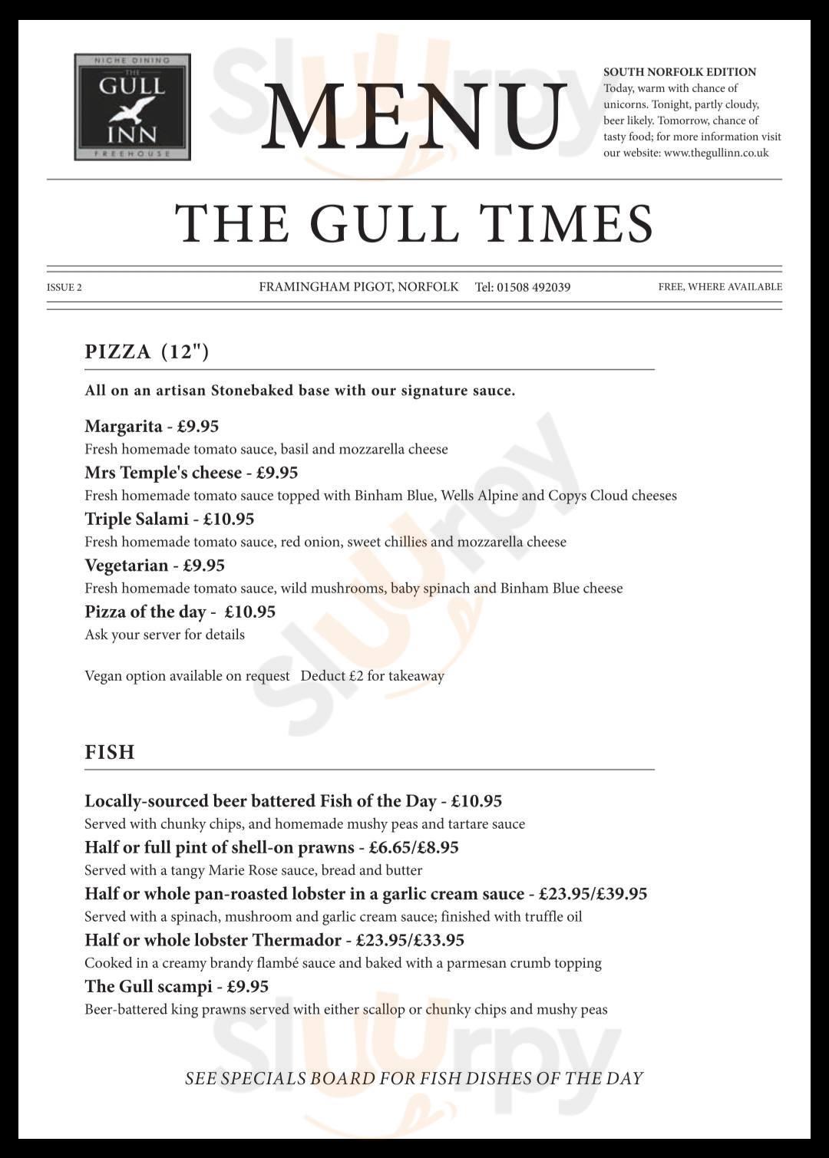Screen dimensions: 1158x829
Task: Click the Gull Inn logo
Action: click(132, 107)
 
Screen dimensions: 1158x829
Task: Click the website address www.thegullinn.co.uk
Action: click(715, 153)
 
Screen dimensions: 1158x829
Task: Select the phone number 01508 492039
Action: click(533, 287)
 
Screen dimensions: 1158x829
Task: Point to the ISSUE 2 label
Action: click(64, 288)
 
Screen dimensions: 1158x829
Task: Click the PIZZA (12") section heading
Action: click(147, 351)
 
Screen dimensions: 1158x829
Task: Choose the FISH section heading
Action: click(110, 752)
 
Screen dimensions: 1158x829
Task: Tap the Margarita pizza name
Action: click(124, 426)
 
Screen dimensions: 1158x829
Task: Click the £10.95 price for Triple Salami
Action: click(228, 519)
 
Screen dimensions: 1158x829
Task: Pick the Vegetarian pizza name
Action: click(126, 566)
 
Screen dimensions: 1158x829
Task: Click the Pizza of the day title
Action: click(145, 612)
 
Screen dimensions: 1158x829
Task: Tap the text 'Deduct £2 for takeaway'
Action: click(372, 676)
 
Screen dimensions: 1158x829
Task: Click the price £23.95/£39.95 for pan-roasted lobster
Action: click(593, 894)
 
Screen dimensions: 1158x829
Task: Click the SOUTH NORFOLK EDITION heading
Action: click(679, 72)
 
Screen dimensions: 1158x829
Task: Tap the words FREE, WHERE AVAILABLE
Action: click(720, 287)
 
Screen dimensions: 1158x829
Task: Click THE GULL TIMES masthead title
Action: click(414, 223)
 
